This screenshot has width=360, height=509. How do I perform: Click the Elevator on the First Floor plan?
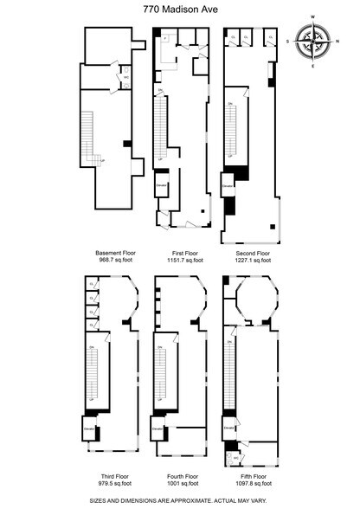(x=162, y=186)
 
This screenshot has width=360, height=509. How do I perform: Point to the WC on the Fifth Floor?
(x=234, y=458)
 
